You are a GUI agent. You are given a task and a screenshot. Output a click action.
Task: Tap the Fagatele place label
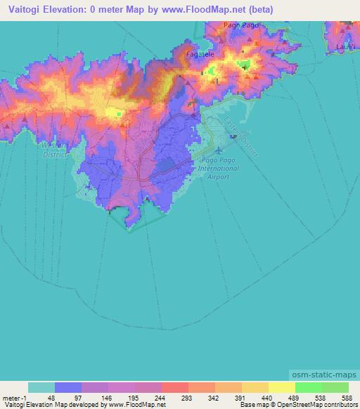click(198, 53)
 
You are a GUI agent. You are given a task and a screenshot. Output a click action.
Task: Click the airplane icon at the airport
click(219, 150)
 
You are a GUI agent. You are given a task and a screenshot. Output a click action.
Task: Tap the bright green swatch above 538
click(309, 387)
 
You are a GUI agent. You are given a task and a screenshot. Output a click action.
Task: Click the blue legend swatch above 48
click(68, 387)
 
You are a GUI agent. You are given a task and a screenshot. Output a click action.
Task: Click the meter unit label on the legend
click(10, 398)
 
